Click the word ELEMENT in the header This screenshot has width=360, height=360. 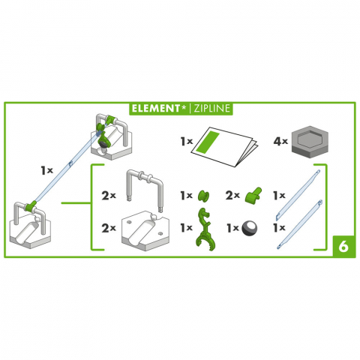[154, 108]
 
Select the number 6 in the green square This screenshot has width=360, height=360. [342, 244]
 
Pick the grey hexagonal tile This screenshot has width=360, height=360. [313, 139]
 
